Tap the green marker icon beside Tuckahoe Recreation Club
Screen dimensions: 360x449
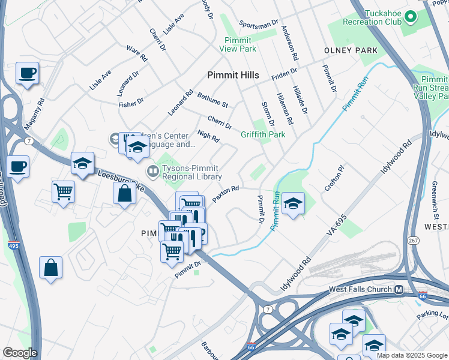tap(411, 16)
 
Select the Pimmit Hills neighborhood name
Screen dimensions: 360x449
tap(233, 75)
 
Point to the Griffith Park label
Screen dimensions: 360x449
tap(263, 135)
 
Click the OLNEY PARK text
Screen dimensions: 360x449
tap(351, 51)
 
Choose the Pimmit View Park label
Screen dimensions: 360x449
tap(238, 44)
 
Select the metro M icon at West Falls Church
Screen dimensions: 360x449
tap(399, 289)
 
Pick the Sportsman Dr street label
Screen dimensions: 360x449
tap(259, 23)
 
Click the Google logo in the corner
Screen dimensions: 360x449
tap(19, 353)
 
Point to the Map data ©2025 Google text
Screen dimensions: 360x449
tap(412, 355)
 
